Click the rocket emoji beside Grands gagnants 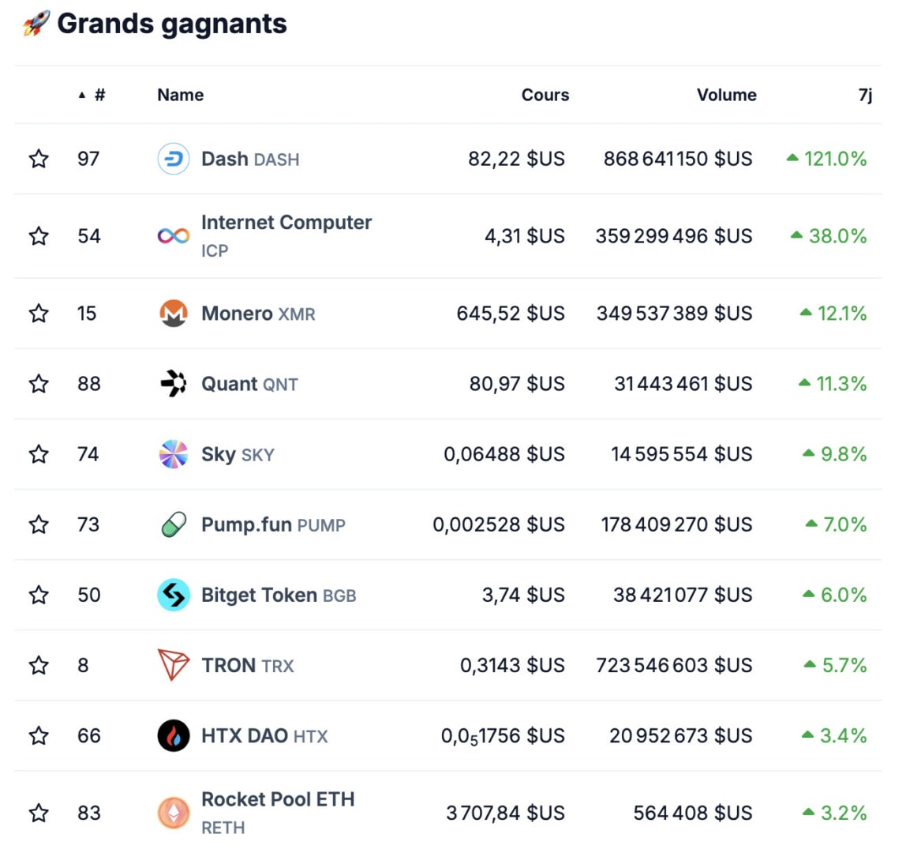(36, 24)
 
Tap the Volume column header (726, 95)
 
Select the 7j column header (865, 95)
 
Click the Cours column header (545, 95)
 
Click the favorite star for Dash (39, 159)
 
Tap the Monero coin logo (174, 314)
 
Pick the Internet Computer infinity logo (174, 236)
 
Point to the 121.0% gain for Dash (835, 159)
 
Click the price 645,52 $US (511, 314)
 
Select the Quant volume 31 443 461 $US (683, 384)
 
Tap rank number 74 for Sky (88, 454)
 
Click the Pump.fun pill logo (174, 524)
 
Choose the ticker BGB (339, 596)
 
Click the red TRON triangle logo (174, 665)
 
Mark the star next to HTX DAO (39, 736)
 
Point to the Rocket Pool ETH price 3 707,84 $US (505, 813)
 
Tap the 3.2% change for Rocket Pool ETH (843, 813)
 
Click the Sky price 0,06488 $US (504, 454)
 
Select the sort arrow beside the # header (82, 96)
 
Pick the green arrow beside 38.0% (796, 235)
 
